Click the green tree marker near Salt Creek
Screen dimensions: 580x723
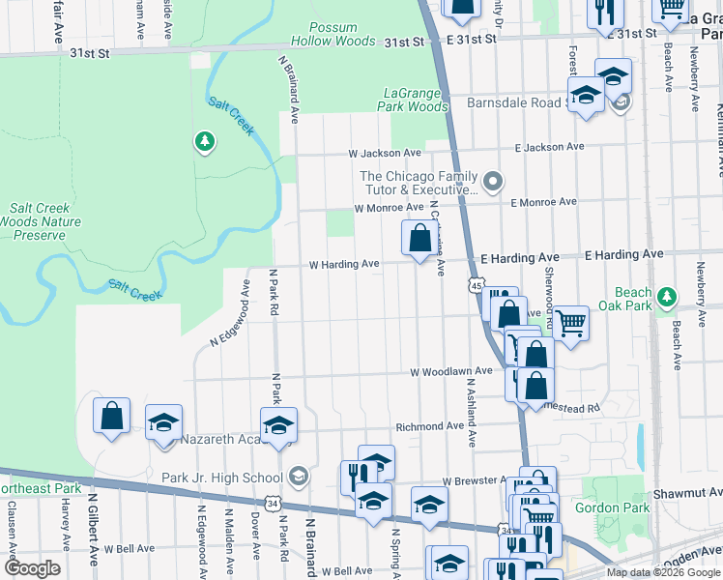click(204, 143)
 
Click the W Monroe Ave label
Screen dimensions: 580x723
click(389, 208)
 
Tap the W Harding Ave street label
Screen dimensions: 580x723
click(343, 264)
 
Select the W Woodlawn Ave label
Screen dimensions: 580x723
click(451, 371)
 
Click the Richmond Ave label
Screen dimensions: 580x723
click(429, 426)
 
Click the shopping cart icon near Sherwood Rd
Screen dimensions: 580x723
click(571, 323)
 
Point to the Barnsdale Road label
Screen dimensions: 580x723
click(513, 102)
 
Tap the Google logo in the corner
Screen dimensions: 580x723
click(32, 568)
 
